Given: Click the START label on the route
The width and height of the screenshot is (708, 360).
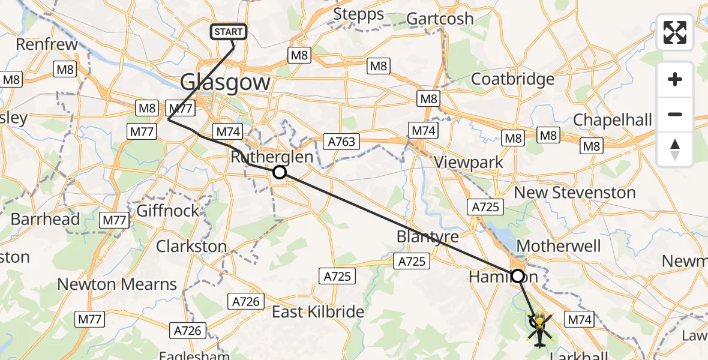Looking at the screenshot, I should (229, 32).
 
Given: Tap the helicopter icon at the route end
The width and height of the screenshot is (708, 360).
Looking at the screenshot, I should (540, 329).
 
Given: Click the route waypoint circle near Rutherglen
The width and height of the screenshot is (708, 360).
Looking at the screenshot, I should (279, 173).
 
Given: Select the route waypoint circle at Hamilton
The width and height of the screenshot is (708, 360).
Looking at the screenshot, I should (517, 276).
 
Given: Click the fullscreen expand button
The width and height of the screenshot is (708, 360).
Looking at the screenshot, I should (675, 32).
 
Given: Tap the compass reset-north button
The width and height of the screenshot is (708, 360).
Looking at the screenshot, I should (675, 149).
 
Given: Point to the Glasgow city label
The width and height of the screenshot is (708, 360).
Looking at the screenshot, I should (225, 82).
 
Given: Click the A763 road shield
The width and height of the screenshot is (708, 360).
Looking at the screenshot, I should (341, 142).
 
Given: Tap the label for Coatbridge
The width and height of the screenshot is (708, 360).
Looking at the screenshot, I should (512, 79).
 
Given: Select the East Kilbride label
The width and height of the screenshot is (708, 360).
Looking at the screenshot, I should (318, 312).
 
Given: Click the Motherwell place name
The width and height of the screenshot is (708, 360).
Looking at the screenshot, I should (558, 246).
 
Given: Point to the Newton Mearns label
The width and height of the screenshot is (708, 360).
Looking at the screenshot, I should (117, 284).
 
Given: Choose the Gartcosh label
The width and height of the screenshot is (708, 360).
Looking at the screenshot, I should (440, 19).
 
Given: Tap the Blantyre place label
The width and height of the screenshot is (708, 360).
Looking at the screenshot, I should (427, 236).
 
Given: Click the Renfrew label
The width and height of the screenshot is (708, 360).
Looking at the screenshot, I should (47, 44).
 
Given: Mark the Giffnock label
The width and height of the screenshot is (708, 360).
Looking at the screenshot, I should (168, 211).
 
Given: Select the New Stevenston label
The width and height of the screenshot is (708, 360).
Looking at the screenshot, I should (575, 193).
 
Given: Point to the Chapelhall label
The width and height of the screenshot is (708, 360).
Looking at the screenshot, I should (612, 120).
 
